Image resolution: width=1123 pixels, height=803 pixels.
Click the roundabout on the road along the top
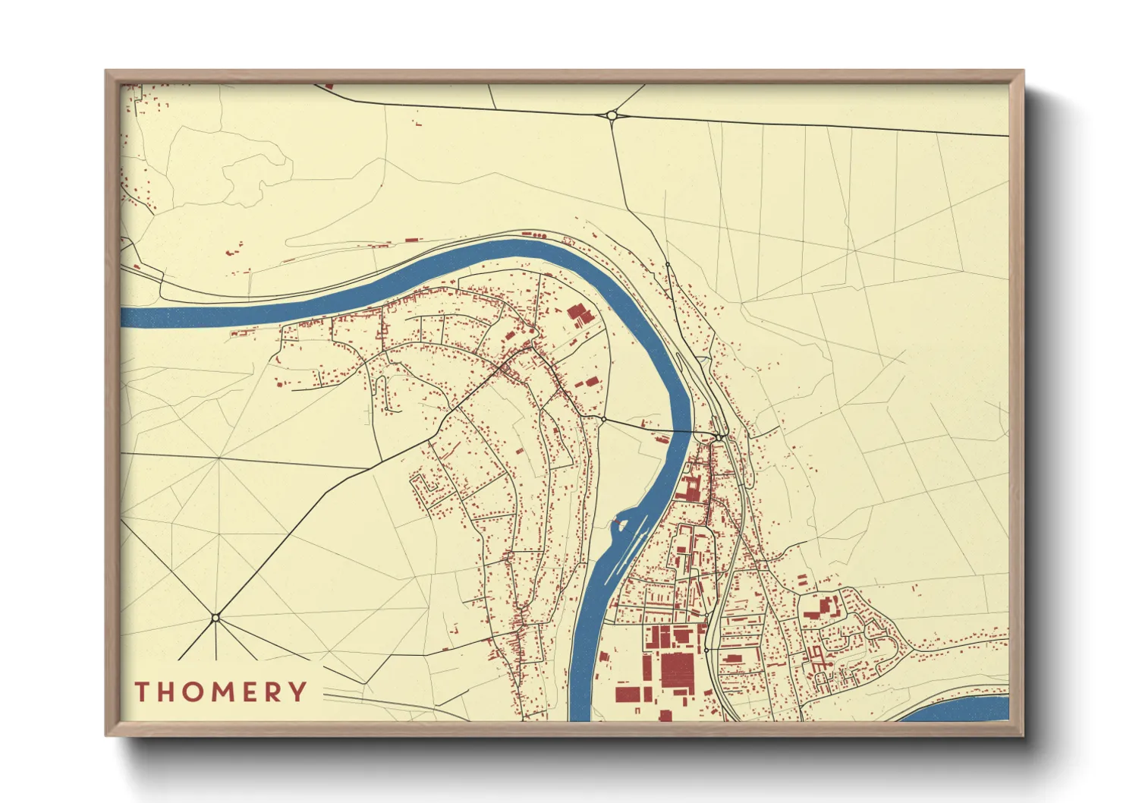612,115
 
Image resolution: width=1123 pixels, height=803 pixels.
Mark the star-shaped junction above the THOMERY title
215,618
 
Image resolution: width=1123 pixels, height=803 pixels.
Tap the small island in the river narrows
621,523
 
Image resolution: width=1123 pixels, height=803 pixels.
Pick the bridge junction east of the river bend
718,437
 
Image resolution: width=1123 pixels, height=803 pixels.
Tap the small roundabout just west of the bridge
603,418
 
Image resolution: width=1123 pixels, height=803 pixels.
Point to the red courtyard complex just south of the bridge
690,487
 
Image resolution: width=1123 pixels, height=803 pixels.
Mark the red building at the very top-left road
329,86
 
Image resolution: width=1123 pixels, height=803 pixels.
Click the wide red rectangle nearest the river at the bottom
629,694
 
